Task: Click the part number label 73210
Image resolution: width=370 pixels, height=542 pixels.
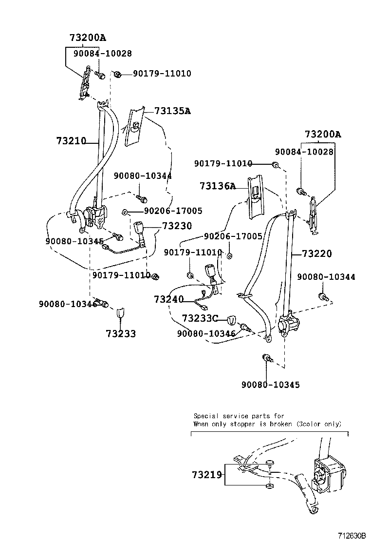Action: click(71, 141)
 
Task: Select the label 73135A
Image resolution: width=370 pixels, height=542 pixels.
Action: click(172, 111)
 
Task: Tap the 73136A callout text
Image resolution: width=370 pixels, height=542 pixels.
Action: click(217, 186)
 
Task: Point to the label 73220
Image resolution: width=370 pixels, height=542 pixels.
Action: click(316, 253)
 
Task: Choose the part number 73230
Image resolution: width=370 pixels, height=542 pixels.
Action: click(177, 226)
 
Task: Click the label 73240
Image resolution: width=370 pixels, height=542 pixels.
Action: click(168, 299)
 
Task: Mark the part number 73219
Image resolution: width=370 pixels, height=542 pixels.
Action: click(207, 475)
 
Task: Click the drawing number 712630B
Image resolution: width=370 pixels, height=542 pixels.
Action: click(349, 536)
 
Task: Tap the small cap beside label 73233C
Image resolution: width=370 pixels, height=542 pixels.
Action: click(232, 320)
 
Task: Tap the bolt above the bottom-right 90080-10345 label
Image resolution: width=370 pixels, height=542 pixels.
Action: click(267, 358)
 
